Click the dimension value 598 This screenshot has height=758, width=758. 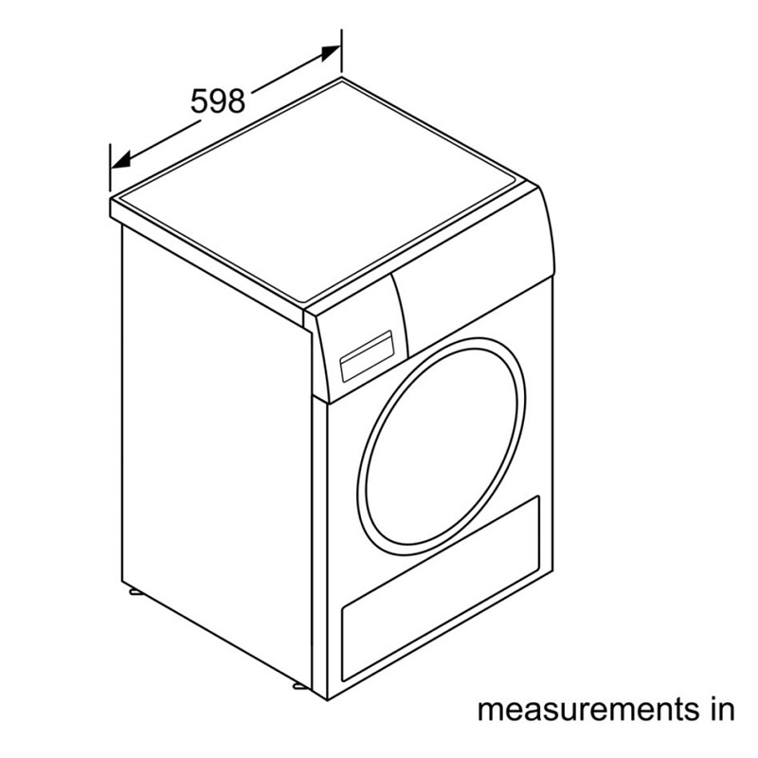point(218,101)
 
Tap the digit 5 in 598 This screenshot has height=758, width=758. point(199,101)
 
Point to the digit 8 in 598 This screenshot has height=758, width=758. point(236,101)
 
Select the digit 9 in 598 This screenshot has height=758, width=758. point(218,101)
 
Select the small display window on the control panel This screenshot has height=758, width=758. point(367,356)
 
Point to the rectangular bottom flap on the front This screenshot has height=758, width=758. point(441,588)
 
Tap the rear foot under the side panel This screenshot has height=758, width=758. point(133,591)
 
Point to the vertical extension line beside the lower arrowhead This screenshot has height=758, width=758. point(110,168)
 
